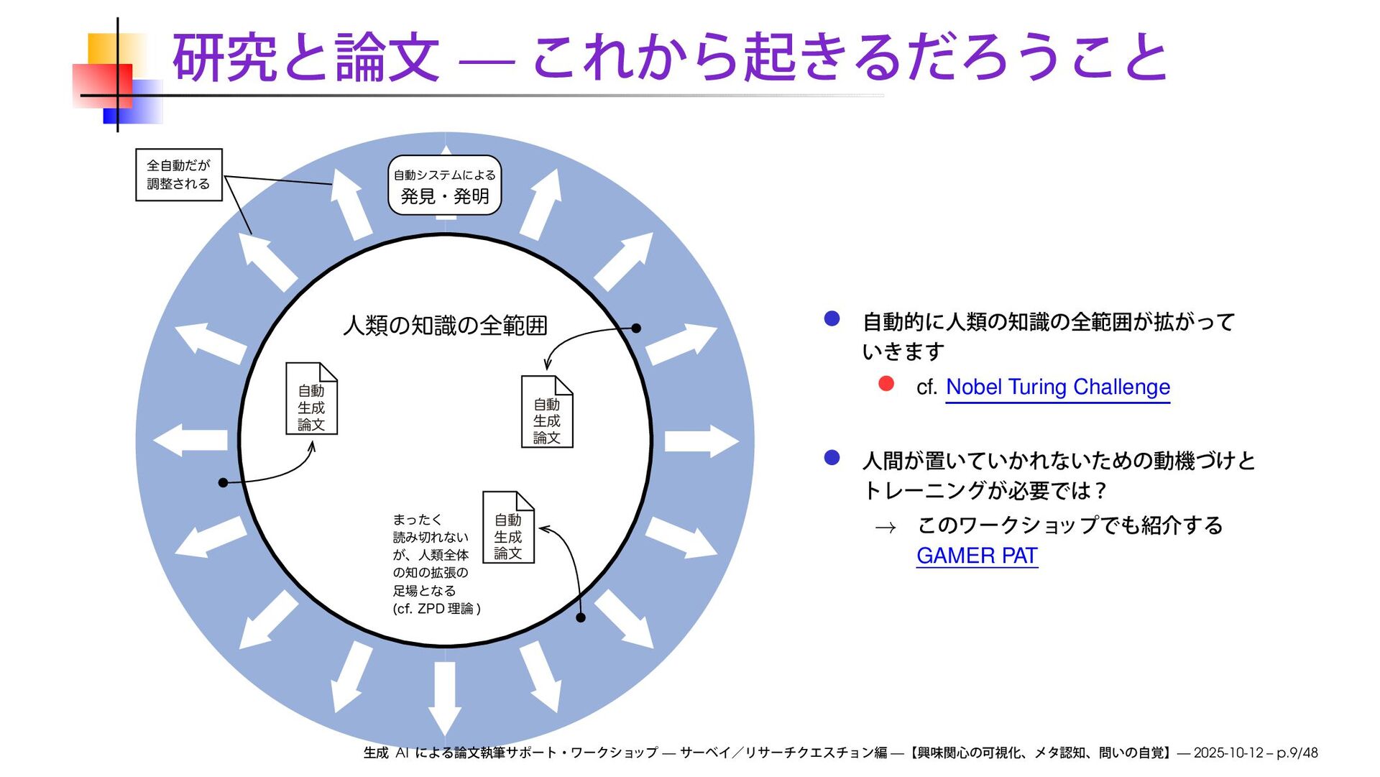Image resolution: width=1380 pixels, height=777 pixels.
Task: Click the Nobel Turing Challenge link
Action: click(1057, 387)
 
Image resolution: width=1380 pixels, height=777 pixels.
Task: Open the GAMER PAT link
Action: click(977, 556)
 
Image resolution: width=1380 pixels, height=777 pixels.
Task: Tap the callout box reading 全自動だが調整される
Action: click(179, 175)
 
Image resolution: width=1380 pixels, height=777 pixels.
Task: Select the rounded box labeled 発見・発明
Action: click(444, 185)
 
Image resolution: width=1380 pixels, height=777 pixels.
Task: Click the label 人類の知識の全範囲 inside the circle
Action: click(445, 326)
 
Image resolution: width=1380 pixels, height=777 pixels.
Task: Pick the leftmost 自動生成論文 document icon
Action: click(311, 399)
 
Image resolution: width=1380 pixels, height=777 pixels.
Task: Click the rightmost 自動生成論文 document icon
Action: click(547, 413)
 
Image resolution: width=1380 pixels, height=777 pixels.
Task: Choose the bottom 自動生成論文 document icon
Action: click(508, 528)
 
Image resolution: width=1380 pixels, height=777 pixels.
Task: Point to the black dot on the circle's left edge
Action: click(223, 482)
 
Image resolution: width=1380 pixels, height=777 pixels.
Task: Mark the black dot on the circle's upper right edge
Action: click(636, 328)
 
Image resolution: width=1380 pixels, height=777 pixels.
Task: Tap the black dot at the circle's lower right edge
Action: click(581, 617)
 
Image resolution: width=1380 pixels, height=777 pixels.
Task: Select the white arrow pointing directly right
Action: click(701, 441)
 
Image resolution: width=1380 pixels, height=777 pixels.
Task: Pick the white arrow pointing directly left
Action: click(190, 440)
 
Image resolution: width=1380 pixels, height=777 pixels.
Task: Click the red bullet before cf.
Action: click(886, 385)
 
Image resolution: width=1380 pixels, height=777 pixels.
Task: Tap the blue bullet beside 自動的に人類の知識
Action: click(832, 319)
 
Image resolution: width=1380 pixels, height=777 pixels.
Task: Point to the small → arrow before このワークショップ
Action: click(885, 528)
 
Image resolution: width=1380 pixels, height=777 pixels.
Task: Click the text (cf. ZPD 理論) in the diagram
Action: click(436, 609)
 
